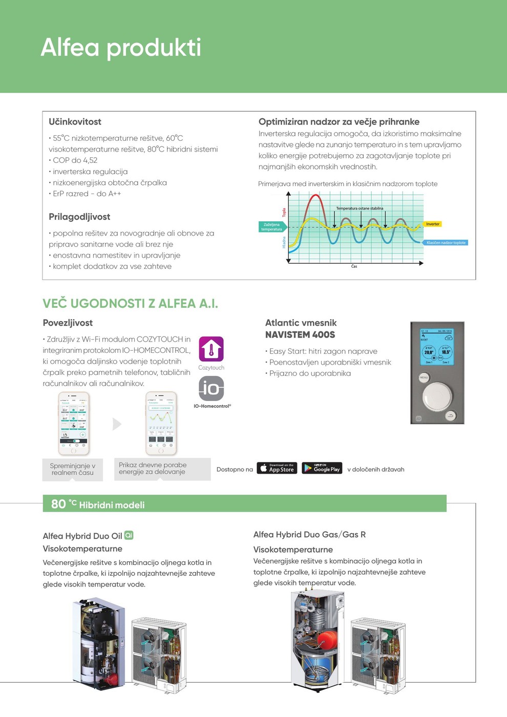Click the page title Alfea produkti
[121, 48]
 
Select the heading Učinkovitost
[75, 122]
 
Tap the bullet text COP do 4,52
[75, 160]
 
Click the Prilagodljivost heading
[79, 217]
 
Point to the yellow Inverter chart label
[433, 224]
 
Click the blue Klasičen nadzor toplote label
[446, 243]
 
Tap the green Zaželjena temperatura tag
[271, 227]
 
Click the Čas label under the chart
[354, 266]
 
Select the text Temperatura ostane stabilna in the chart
[360, 208]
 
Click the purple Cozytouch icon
[211, 349]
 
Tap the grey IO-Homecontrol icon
[211, 388]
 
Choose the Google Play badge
[322, 468]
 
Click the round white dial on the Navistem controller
[437, 395]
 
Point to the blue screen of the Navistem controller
[436, 347]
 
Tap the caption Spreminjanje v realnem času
[73, 469]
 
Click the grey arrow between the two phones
[117, 424]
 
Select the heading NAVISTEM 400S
[300, 335]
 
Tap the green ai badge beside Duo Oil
[129, 535]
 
